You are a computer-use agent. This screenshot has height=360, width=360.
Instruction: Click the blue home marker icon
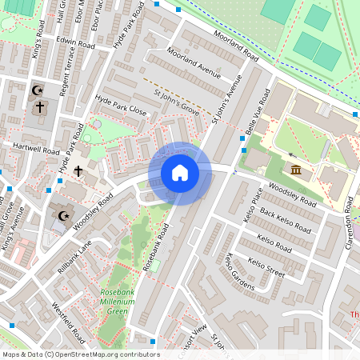180,173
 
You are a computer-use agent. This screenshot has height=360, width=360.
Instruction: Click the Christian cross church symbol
78,170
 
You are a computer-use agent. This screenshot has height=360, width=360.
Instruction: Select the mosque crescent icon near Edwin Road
37,90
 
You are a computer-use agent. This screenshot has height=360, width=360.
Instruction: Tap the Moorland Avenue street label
193,63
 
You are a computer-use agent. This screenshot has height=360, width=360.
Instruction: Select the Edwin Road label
75,43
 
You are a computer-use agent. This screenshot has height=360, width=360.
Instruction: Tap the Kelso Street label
266,267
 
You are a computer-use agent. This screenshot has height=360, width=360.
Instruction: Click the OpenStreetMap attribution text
80,354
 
